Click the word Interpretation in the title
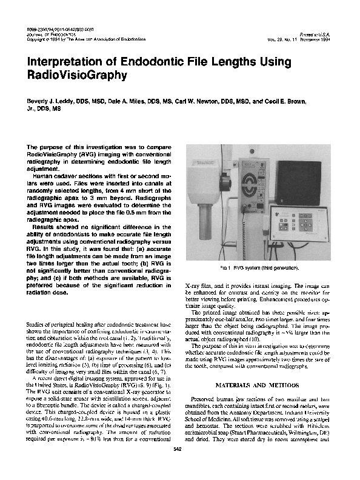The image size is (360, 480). point(65,62)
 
